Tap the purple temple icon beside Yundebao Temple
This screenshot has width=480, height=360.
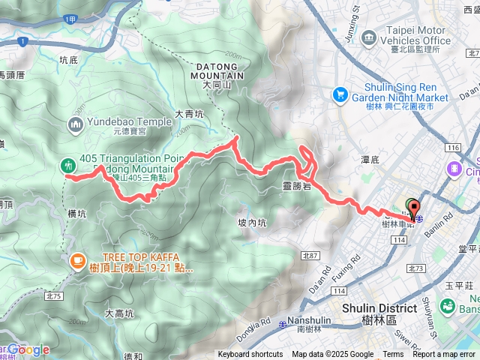[76, 124]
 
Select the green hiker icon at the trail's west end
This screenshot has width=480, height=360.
[68, 164]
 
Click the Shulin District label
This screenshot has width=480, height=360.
[379, 308]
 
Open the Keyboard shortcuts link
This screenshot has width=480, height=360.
[250, 355]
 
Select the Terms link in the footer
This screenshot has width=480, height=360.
[393, 355]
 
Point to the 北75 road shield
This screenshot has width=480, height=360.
[52, 275]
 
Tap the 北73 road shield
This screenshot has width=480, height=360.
[418, 268]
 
